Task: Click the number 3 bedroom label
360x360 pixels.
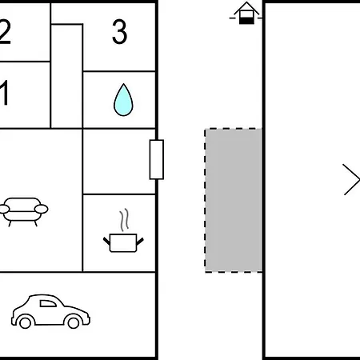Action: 119,32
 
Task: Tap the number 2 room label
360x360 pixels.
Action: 5,32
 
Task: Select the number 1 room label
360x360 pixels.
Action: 5,93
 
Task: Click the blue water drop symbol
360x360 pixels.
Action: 123,100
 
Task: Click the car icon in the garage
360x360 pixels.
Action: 50,311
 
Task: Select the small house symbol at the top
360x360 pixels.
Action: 246,14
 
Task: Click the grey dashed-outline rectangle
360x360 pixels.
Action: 234,200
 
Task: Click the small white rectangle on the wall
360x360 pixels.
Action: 157,159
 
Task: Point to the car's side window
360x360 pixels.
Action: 48,303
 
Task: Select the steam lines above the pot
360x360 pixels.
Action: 124,219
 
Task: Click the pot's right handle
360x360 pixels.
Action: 140,242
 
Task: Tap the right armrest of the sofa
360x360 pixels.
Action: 42,209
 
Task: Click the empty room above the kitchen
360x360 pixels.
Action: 119,162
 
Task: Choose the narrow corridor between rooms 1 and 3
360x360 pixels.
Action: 66,76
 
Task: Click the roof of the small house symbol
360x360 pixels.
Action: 246,8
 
